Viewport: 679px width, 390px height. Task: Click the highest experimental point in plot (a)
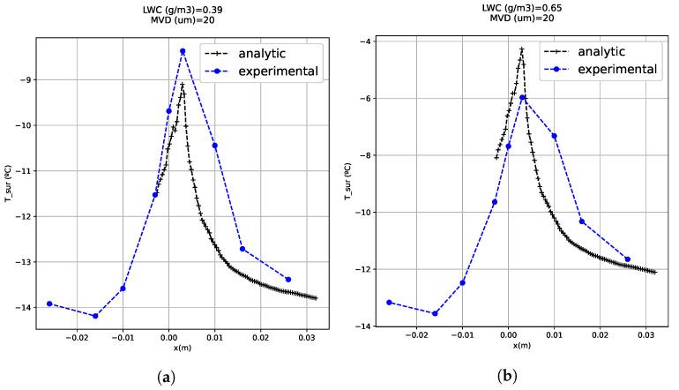coord(183,51)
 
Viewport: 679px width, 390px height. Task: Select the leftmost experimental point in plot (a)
coord(49,304)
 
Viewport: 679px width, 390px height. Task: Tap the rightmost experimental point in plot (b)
coord(627,259)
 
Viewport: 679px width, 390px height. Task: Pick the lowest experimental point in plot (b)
coord(435,313)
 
